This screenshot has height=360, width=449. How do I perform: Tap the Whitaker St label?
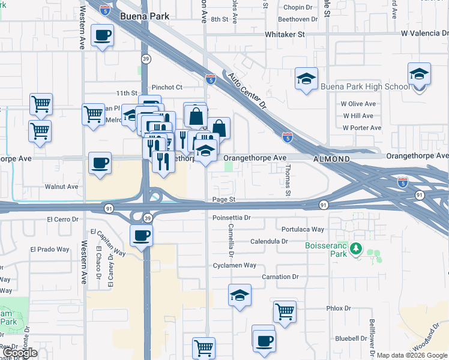tap(285, 35)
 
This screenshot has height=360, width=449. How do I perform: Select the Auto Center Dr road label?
tap(245, 90)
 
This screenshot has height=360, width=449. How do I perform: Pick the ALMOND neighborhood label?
tap(331, 159)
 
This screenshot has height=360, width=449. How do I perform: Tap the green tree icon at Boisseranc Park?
tap(357, 248)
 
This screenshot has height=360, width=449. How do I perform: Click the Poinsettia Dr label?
tap(231, 218)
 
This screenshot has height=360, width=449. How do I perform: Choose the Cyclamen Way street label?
tap(234, 265)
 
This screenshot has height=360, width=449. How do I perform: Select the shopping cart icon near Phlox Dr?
tap(285, 311)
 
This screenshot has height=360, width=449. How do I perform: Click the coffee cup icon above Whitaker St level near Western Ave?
tap(102, 35)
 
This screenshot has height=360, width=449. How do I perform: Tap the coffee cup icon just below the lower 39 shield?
tap(141, 235)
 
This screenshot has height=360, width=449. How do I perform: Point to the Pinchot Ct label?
tap(166, 88)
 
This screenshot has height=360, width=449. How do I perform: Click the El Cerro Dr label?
tap(62, 220)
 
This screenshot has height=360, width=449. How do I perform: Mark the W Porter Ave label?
tap(361, 128)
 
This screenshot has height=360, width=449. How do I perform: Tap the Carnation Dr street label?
tap(280, 277)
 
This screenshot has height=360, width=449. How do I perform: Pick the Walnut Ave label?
tap(62, 187)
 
